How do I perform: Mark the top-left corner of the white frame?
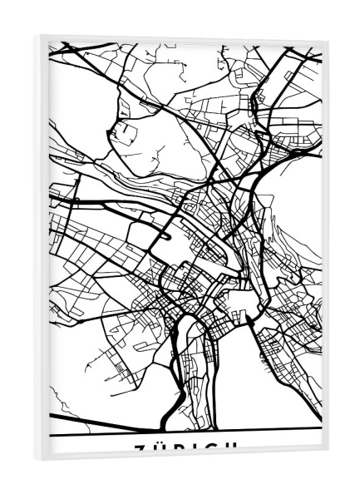[x=37, y=34]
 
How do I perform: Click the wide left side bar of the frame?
[x=42, y=249]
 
